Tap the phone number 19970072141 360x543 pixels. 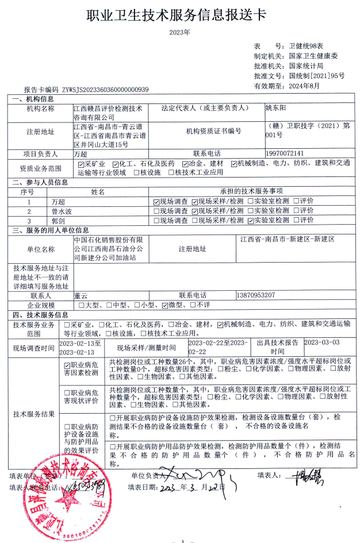[285, 153]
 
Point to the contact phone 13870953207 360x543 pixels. [256, 295]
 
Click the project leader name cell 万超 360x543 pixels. [81, 154]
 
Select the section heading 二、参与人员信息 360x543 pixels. [40, 182]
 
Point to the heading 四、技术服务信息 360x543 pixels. [40, 314]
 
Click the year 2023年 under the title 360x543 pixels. [179, 32]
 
